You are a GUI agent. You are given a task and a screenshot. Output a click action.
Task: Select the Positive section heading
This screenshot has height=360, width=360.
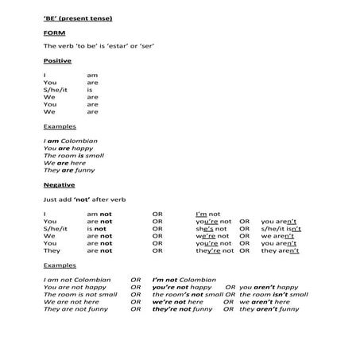pyautogui.click(x=56, y=60)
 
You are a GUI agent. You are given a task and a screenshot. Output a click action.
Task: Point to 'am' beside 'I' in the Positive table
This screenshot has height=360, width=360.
pyautogui.click(x=91, y=75)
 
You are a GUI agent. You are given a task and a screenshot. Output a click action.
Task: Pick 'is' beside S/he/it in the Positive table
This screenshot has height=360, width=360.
pyautogui.click(x=90, y=90)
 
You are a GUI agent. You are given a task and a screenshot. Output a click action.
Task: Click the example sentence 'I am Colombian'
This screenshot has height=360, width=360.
pyautogui.click(x=71, y=141)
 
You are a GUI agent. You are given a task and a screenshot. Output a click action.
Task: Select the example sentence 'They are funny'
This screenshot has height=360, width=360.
pyautogui.click(x=70, y=170)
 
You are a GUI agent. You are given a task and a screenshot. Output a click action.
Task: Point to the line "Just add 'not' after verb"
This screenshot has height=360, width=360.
pyautogui.click(x=85, y=199)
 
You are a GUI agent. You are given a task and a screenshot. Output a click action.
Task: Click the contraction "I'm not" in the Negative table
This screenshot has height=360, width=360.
pyautogui.click(x=208, y=214)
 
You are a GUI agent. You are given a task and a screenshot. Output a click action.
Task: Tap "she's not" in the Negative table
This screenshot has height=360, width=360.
pyautogui.click(x=213, y=229)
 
